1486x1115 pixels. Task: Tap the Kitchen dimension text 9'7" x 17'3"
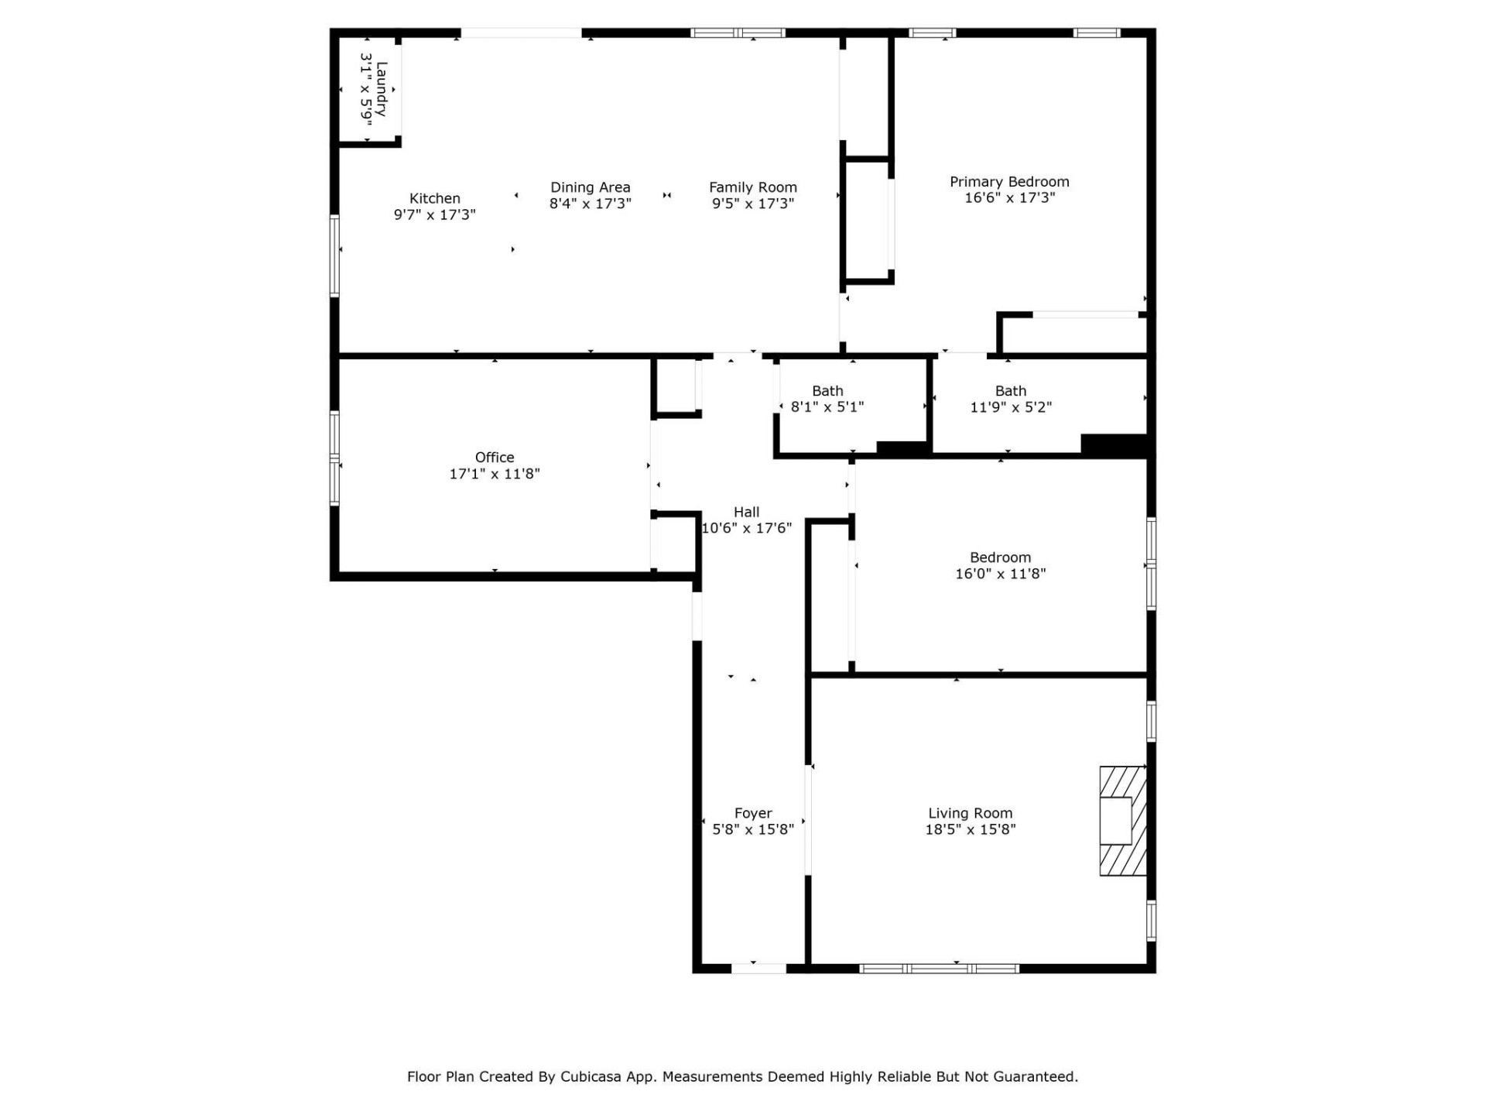click(434, 214)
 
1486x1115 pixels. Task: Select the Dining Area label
click(590, 187)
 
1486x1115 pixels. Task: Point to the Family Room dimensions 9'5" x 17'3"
click(752, 204)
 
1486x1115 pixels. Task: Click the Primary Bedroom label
click(1009, 181)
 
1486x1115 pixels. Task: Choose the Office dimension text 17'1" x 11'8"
click(495, 474)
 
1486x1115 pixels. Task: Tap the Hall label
click(746, 512)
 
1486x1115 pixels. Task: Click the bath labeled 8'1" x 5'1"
click(827, 399)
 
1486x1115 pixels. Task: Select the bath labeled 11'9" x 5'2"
click(1010, 399)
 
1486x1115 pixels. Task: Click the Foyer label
click(752, 813)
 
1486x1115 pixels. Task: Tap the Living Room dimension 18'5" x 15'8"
click(970, 829)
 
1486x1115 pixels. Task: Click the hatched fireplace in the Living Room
click(1122, 821)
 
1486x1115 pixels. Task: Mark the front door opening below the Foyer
click(758, 968)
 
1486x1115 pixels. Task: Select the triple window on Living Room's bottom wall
click(939, 968)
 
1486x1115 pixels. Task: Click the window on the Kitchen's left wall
click(335, 256)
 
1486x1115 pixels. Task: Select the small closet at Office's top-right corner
click(676, 386)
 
